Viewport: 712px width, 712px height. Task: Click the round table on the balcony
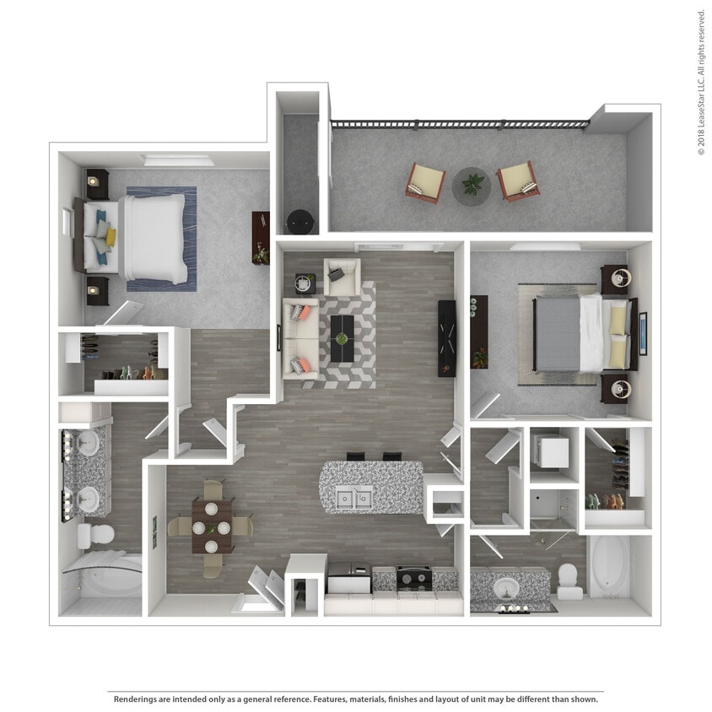tap(472, 186)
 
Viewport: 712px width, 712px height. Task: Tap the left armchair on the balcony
tap(425, 182)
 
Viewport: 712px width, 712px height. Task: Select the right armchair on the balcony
tap(516, 181)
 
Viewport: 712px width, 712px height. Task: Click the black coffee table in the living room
tap(341, 338)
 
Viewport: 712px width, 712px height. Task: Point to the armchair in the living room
tap(342, 276)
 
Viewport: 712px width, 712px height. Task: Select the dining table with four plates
tap(212, 526)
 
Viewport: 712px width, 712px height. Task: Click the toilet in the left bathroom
tap(94, 535)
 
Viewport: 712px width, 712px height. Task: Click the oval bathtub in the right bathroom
tap(609, 566)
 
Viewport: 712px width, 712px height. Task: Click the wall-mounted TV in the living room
tap(446, 338)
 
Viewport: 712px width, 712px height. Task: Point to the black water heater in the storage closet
tap(299, 222)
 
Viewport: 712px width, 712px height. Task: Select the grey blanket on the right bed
tap(558, 333)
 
